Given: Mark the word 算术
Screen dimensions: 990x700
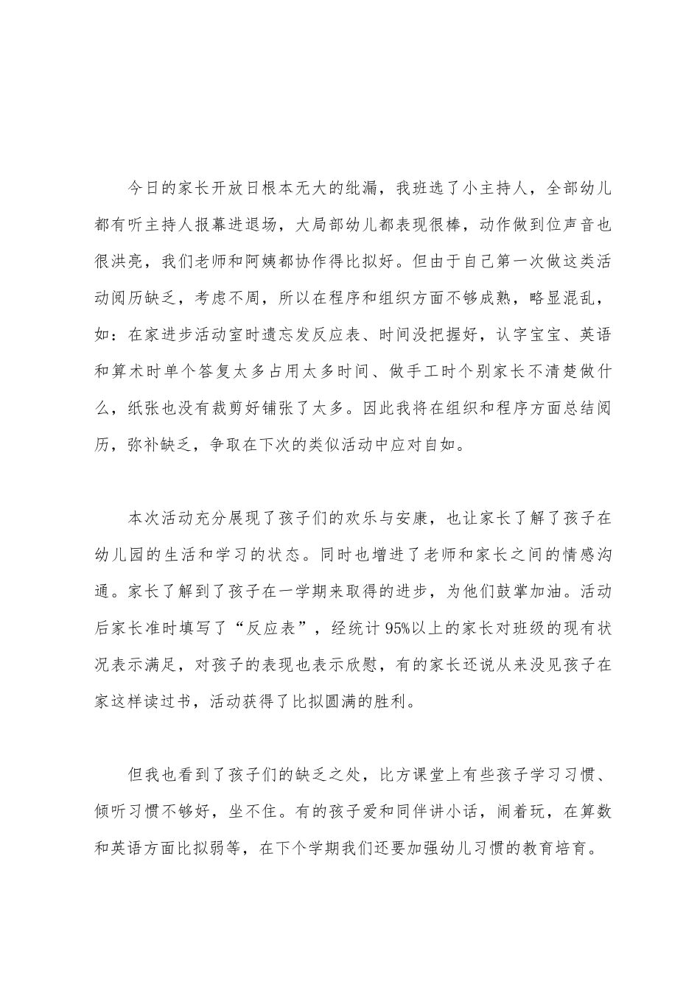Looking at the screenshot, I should tap(139, 373).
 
